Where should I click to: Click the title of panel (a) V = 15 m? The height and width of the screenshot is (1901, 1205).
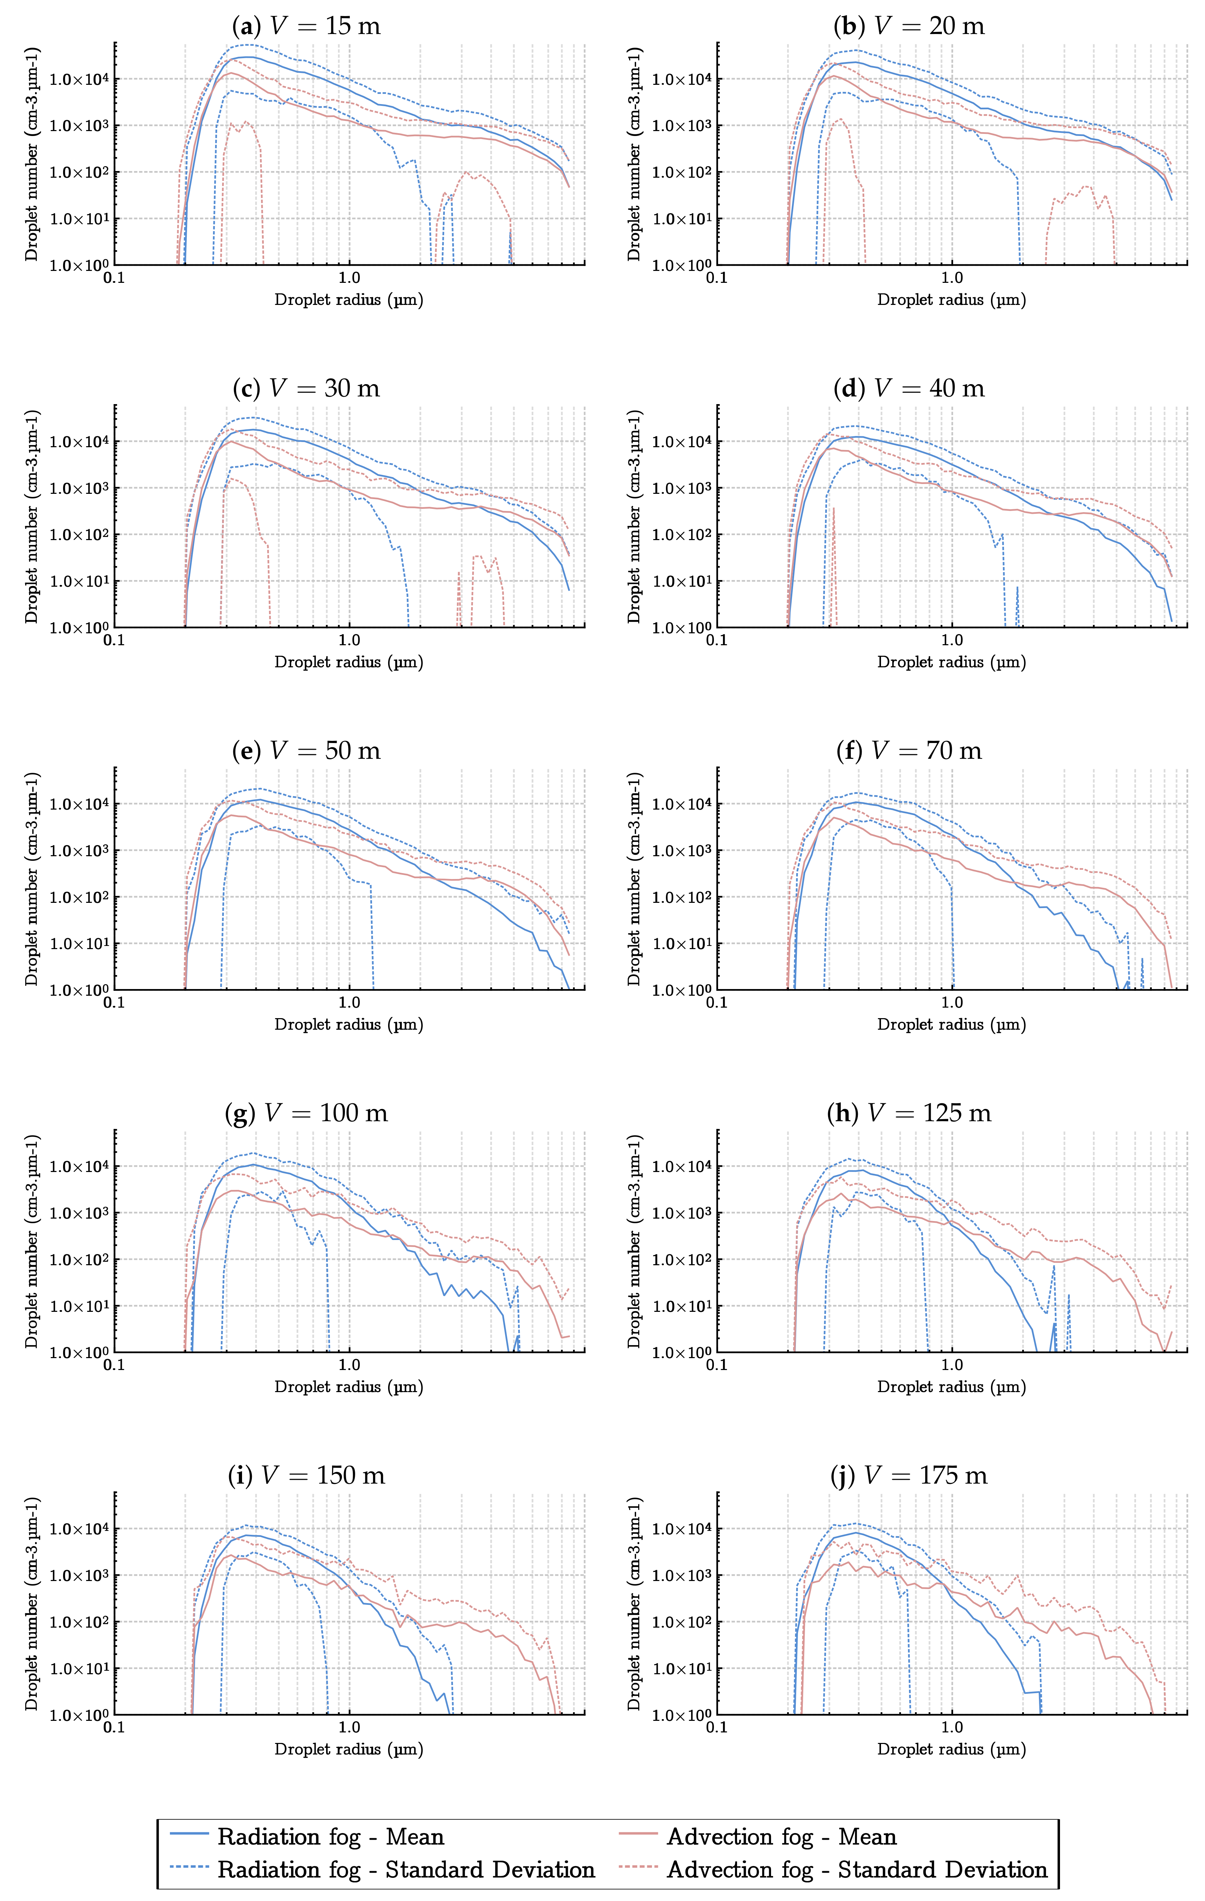tap(306, 26)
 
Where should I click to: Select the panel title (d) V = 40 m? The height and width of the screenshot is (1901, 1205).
tap(909, 388)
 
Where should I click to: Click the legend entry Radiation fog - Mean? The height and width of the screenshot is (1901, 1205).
tap(330, 1837)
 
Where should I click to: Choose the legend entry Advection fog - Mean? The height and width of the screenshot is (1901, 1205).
tap(781, 1837)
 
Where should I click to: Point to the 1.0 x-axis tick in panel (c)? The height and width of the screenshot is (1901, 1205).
tap(349, 640)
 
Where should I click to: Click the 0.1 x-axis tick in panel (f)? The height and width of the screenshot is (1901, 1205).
tap(717, 1003)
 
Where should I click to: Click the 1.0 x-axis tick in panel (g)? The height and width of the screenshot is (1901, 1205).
tap(349, 1365)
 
